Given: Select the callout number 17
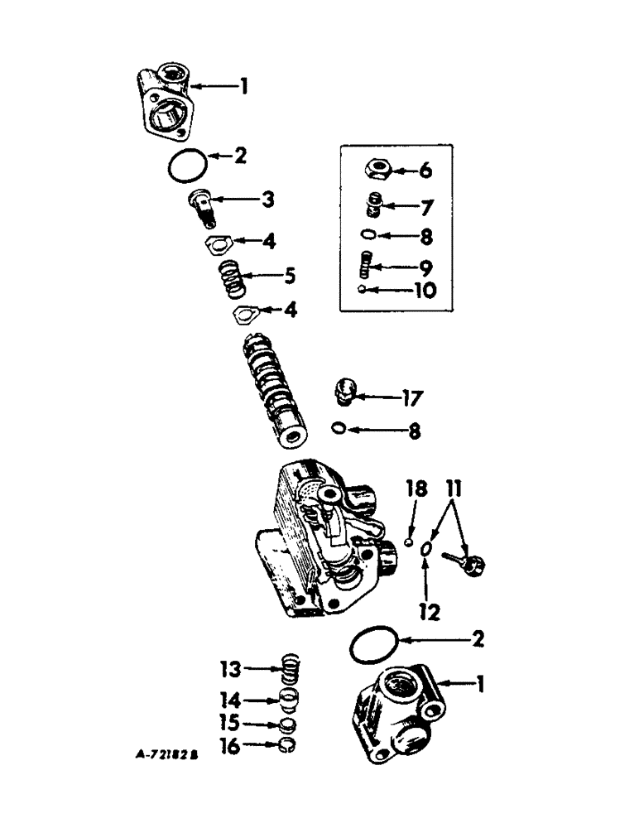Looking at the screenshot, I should click(x=411, y=398).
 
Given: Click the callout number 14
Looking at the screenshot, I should click(x=233, y=700).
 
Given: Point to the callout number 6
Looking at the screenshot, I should click(x=425, y=171).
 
